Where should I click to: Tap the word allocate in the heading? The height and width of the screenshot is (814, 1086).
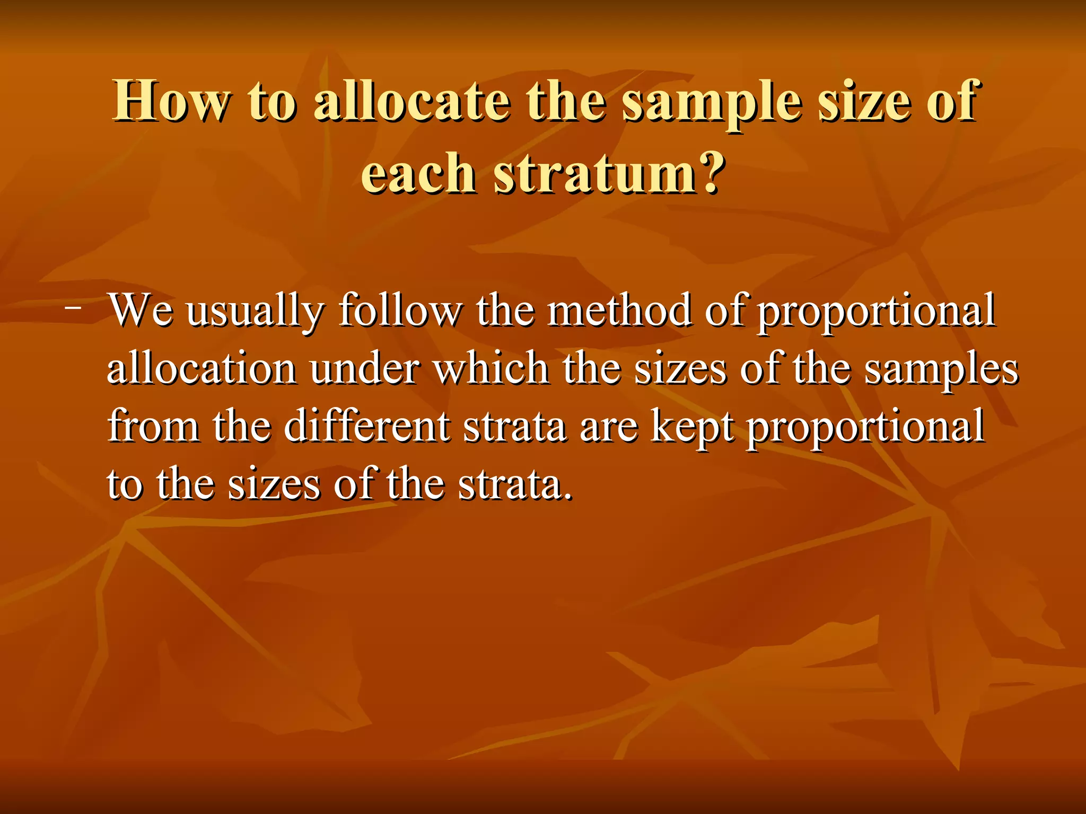(413, 101)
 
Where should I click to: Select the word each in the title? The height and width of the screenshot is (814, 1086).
(418, 173)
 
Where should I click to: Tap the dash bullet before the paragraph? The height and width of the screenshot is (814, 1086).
(75, 307)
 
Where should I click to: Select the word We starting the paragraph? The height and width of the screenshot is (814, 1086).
(141, 311)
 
